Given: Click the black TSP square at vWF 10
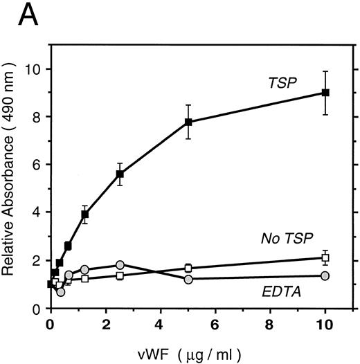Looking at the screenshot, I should point(325,93).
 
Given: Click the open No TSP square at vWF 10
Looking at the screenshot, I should point(325,257).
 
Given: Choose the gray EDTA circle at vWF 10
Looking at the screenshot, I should point(325,275).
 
